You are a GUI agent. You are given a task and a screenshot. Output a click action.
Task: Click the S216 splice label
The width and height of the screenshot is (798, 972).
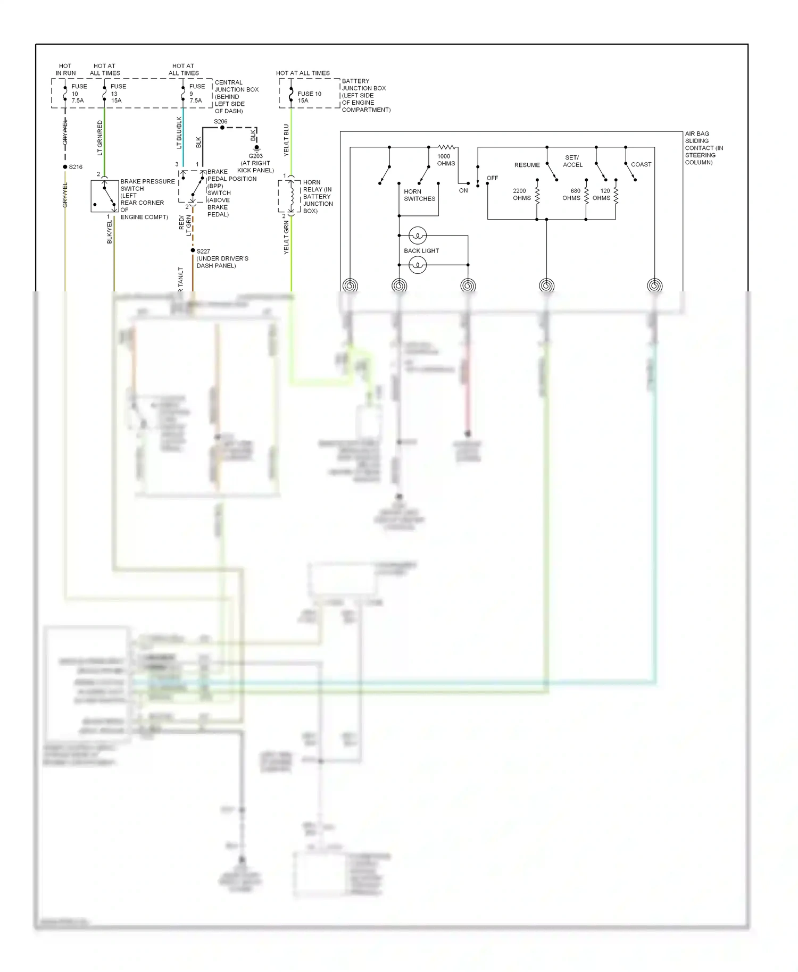coord(76,167)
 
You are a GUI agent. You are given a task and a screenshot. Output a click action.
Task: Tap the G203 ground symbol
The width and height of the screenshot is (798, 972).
coord(256,148)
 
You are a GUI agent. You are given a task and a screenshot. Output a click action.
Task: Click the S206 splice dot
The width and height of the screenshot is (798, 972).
coord(222,128)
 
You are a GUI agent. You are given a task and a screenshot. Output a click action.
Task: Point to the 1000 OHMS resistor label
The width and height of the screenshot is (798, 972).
coord(445,160)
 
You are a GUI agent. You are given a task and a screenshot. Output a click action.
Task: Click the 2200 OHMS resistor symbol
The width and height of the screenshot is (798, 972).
coord(537,195)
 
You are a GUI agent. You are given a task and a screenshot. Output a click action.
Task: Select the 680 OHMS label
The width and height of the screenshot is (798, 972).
coord(572,194)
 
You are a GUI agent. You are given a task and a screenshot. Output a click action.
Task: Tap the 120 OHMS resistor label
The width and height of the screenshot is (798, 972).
coord(602,194)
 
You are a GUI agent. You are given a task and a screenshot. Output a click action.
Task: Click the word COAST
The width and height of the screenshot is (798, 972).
coord(641,164)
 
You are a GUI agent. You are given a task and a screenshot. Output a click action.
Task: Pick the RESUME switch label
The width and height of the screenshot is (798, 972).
coord(527,165)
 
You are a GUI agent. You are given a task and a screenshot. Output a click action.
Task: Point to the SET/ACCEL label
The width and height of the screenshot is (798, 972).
coord(572,161)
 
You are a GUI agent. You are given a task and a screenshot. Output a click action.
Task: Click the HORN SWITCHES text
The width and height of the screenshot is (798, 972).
coord(419,195)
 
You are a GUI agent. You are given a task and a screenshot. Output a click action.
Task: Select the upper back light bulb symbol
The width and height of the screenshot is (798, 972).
coord(418,235)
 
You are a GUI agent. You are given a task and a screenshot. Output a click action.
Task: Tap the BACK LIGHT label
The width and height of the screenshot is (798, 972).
coord(421,250)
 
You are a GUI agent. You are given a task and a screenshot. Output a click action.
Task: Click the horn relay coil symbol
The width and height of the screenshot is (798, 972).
coord(291,196)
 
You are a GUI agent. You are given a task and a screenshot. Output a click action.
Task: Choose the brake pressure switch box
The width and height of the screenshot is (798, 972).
coord(104,196)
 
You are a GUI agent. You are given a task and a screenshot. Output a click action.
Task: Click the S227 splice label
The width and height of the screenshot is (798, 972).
coord(203,251)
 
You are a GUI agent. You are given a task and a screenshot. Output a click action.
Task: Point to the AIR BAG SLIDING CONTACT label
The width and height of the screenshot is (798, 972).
coord(703,148)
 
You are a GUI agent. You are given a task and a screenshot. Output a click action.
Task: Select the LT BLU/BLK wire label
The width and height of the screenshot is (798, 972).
coord(179,133)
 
